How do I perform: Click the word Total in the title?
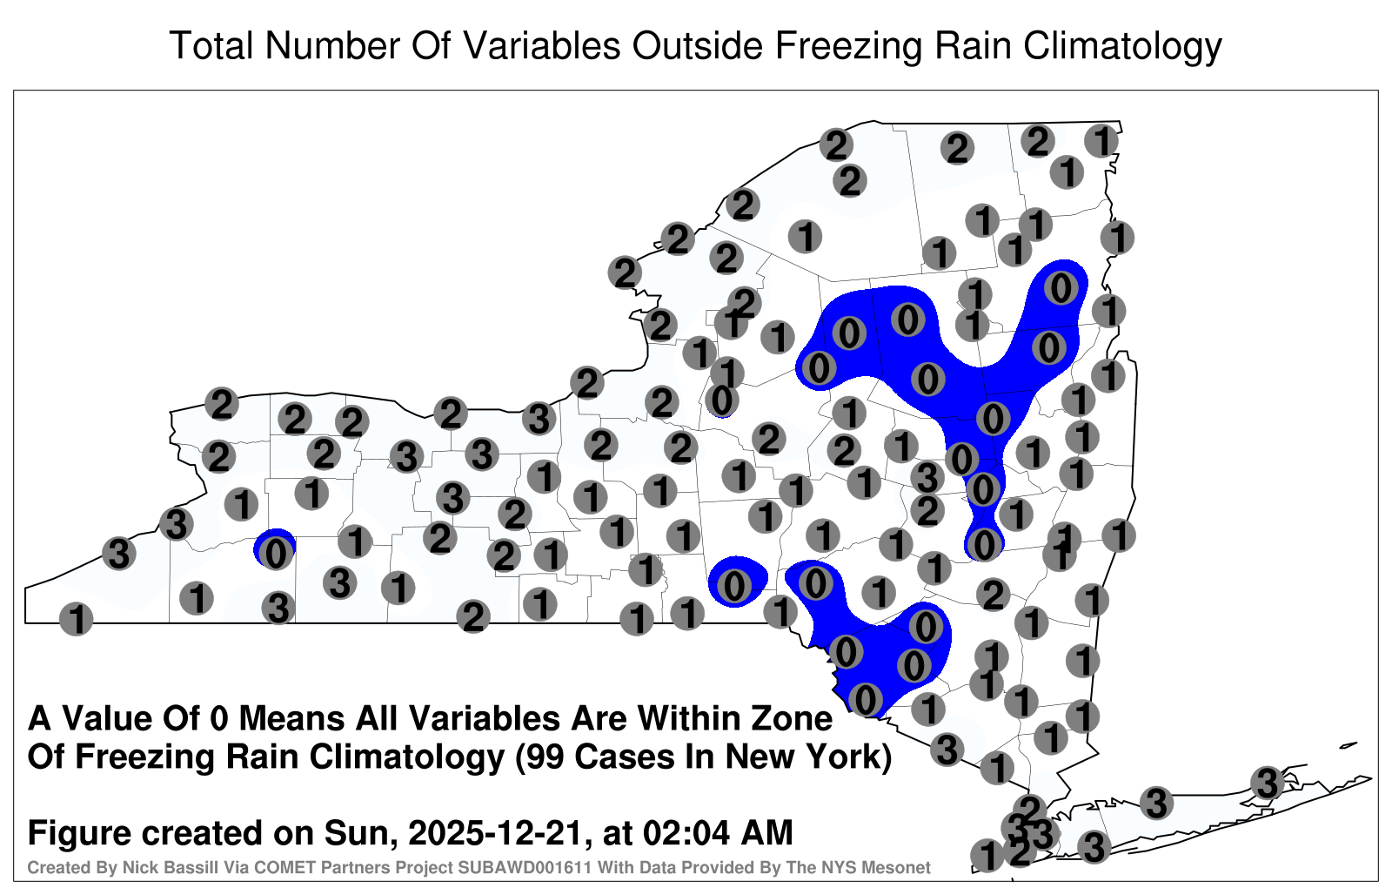(x=212, y=45)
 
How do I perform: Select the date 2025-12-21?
(x=495, y=832)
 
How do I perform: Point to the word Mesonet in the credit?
(x=900, y=867)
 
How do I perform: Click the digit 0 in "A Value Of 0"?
(x=220, y=719)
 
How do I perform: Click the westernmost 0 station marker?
(x=275, y=553)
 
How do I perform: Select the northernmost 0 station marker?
(x=1061, y=288)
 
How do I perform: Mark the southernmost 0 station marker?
(x=865, y=700)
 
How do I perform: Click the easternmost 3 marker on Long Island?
(x=1267, y=783)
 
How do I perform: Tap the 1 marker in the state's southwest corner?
(x=77, y=619)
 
